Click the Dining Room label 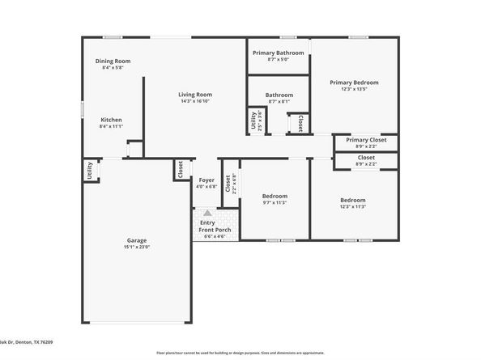[x=113, y=61]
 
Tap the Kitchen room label [x=111, y=119]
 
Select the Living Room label [x=194, y=95]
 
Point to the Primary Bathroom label [x=278, y=53]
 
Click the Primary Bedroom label [x=353, y=82]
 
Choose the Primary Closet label [x=365, y=140]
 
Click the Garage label [x=136, y=239]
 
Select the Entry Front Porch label [x=215, y=227]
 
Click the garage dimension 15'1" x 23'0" [x=136, y=247]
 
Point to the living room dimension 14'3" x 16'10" [x=194, y=102]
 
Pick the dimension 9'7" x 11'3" [x=275, y=203]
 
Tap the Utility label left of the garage [x=87, y=172]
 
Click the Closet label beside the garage [x=179, y=169]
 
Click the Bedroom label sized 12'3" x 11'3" [x=352, y=200]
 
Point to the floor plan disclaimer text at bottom [x=240, y=353]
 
